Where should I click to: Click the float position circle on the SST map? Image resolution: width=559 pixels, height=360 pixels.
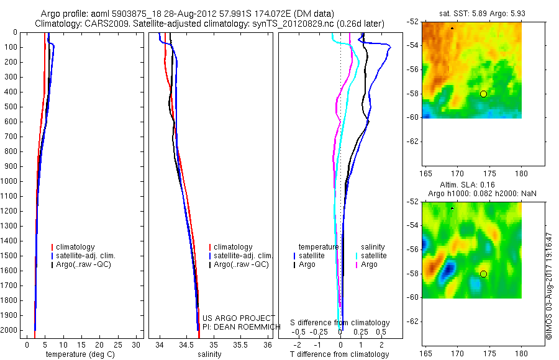483,94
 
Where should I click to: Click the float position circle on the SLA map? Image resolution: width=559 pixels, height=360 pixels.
483,274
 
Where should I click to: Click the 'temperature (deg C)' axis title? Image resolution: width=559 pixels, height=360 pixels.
78,354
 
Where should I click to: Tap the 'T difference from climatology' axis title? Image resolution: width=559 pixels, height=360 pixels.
339,354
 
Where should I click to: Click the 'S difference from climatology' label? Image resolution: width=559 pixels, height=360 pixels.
340,323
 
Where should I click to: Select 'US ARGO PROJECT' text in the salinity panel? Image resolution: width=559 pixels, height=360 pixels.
239,318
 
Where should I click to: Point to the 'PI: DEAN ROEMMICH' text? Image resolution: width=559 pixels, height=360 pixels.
239,326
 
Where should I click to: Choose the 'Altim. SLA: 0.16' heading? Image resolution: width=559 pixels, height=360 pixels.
472,186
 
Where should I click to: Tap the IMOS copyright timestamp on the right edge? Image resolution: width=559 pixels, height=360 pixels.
548,286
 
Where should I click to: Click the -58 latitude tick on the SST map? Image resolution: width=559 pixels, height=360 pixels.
415,94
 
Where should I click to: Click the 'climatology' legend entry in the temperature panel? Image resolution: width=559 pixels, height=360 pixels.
77,247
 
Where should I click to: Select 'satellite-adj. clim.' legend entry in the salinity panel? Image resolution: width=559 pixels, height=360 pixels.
243,256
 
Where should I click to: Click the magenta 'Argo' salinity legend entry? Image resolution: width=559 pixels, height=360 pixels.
369,264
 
